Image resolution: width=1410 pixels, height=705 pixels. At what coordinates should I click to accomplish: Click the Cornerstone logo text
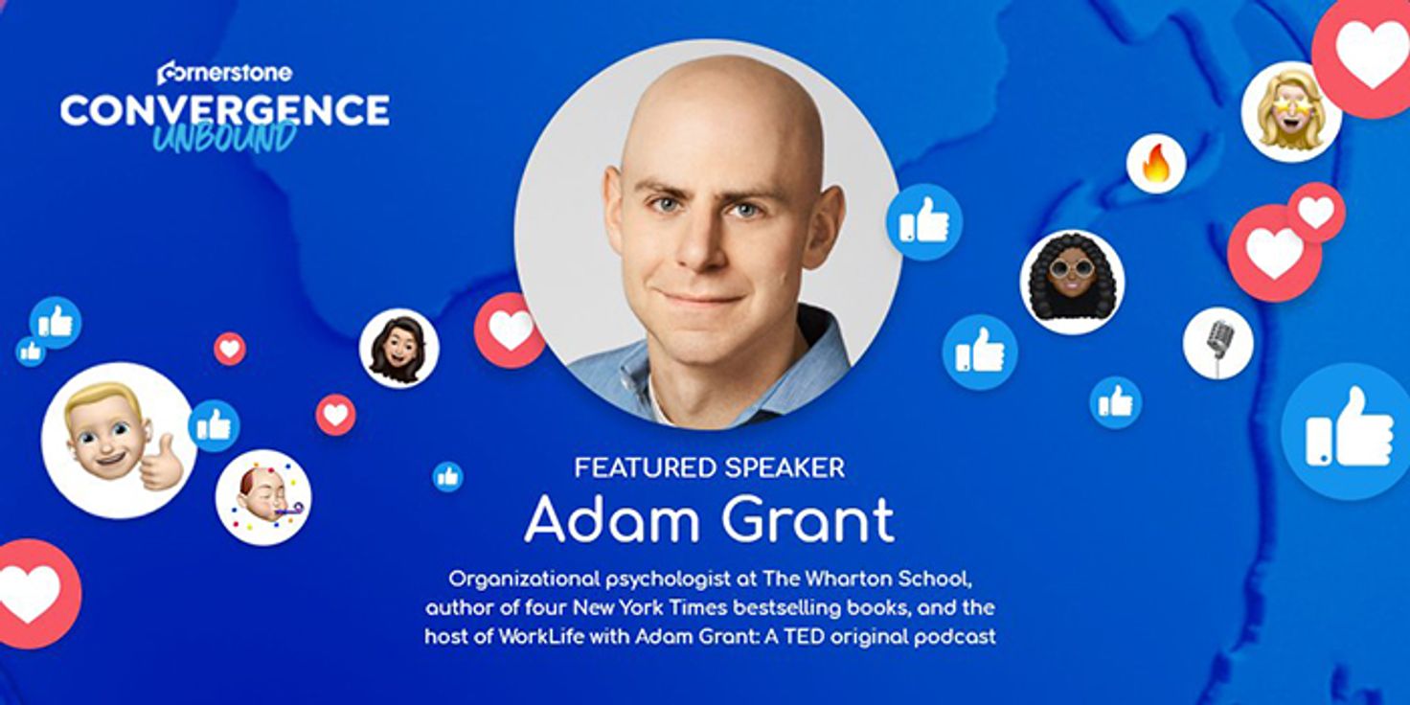tap(225, 73)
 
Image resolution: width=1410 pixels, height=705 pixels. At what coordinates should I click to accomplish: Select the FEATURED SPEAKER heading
tap(710, 467)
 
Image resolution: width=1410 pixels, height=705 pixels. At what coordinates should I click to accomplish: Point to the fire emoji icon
tap(1156, 163)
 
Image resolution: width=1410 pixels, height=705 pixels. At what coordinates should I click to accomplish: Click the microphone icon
tap(1217, 343)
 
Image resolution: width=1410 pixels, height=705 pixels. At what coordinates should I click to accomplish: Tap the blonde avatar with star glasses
tap(1291, 111)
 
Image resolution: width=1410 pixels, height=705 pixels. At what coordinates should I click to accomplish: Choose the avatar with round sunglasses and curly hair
tap(1073, 282)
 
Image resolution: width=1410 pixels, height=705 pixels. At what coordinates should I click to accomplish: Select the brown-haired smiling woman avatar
tap(399, 348)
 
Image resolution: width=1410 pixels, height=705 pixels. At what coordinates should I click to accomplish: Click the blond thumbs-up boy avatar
tap(119, 440)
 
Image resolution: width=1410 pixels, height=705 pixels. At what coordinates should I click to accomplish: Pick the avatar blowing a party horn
tap(263, 498)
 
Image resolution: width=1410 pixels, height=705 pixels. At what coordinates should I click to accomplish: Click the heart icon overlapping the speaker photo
tap(510, 330)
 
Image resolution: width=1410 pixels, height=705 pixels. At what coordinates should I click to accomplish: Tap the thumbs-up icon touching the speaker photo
tap(924, 221)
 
